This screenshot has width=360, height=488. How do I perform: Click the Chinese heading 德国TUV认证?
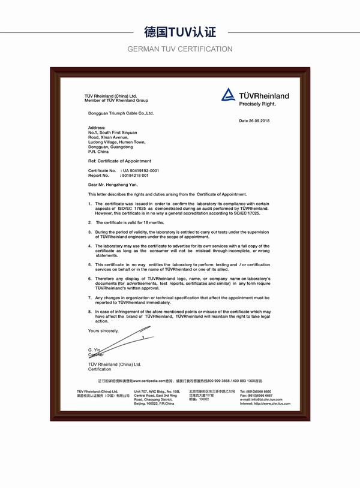coord(180,31)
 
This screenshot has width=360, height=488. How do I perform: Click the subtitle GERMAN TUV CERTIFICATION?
coord(180,49)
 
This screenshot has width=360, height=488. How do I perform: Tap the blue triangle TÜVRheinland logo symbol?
coord(228,95)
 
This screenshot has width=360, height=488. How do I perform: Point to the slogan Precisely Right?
coord(257,104)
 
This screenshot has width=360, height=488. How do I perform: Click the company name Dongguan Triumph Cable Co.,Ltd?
coord(121,113)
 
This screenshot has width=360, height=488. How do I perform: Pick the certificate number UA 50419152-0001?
coord(140,170)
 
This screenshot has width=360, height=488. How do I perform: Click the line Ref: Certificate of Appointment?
coord(119,161)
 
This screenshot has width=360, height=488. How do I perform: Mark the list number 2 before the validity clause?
coord(89,222)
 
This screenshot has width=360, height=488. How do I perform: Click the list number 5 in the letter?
coord(89,264)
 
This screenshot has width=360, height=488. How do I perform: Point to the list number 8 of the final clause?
coord(89,312)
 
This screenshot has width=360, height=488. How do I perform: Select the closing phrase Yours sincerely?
coord(103,331)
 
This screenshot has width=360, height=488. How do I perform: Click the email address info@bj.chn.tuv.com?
coord(269,400)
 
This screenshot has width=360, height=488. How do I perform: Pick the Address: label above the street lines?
coord(97,128)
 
